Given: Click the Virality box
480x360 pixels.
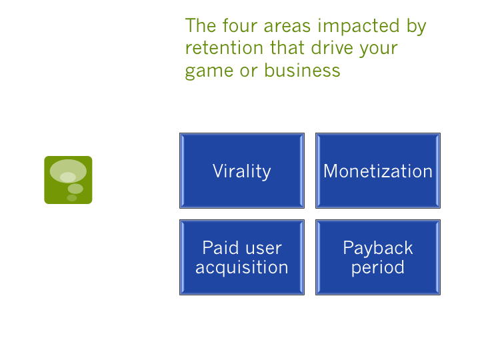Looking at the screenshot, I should [x=241, y=171].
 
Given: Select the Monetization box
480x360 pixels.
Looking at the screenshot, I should [x=377, y=171].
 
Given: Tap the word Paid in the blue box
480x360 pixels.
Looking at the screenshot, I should [x=218, y=248].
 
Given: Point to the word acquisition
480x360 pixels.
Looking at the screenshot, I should [x=241, y=267].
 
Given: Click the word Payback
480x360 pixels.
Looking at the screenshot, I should [x=377, y=248].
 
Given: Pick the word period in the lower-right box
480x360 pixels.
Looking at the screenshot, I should [x=377, y=268].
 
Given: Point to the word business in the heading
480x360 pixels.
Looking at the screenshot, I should [x=302, y=70].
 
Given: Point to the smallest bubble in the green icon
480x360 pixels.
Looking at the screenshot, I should [x=71, y=198].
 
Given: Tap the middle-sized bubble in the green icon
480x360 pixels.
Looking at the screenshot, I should [x=75, y=189].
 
